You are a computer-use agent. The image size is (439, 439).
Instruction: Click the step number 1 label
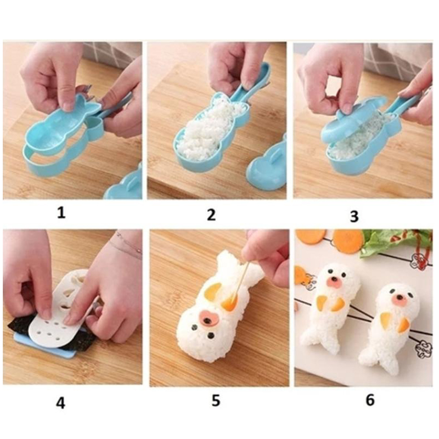tap(61, 212)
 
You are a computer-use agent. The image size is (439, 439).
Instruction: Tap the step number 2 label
tap(211, 215)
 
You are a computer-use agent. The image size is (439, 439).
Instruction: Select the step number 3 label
tap(354, 216)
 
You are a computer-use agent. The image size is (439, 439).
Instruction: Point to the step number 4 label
tap(61, 403)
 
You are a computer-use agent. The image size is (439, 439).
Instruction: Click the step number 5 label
tap(216, 401)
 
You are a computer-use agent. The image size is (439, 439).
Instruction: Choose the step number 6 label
tap(370, 400)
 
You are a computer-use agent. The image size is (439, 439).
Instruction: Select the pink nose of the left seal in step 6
tap(334, 283)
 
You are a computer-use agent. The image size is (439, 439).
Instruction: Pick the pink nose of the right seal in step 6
tap(398, 301)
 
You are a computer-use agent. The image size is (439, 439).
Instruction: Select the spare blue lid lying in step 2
tap(267, 165)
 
